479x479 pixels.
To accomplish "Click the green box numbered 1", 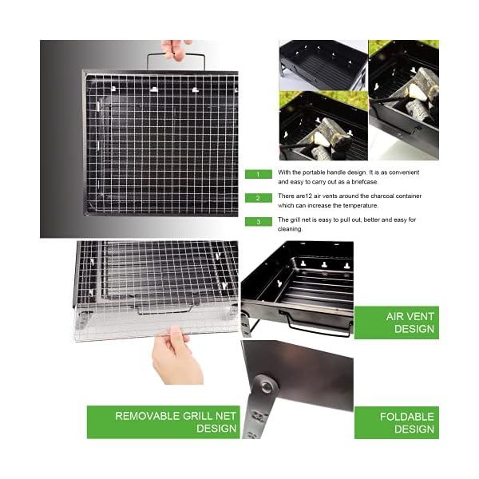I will [259, 173].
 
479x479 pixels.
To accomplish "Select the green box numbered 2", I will [259, 197].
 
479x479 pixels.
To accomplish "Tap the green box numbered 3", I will [259, 221].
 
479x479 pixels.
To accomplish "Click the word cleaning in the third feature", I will [291, 229].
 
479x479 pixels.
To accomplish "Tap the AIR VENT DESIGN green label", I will [396, 323].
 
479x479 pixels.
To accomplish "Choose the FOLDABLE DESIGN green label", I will [396, 422].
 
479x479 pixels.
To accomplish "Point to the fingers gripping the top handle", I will [175, 49].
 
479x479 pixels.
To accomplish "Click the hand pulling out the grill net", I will [174, 355].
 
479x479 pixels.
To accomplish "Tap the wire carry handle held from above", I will [176, 61].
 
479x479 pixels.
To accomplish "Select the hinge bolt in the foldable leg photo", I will [264, 389].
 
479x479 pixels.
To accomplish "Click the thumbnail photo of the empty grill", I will [323, 64].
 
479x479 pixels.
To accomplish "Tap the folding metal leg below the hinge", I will [258, 419].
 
